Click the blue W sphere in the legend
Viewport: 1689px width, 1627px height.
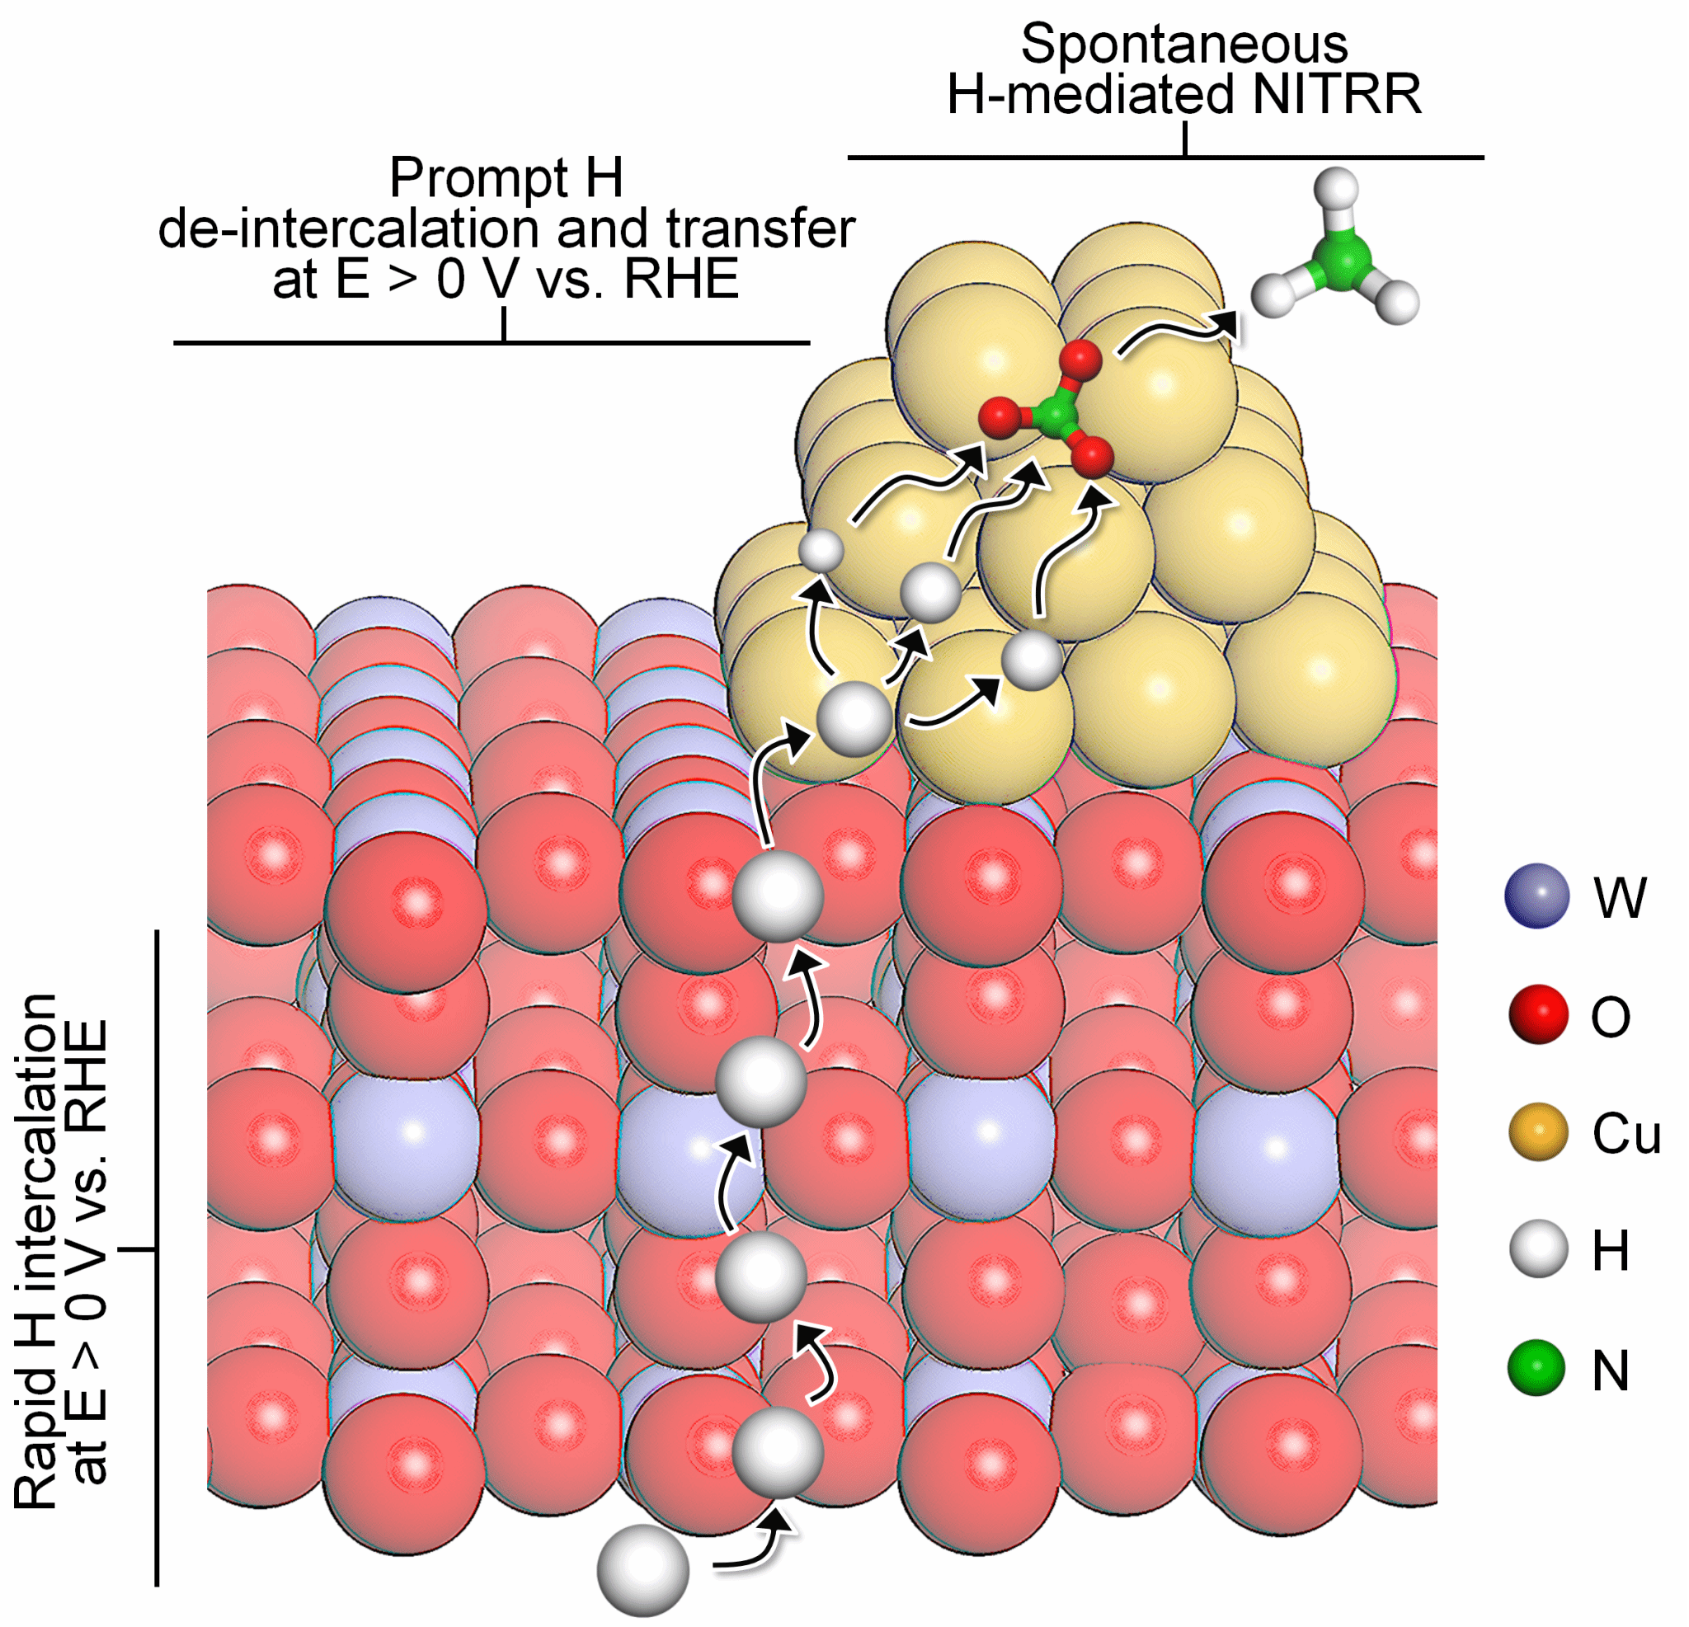[1537, 896]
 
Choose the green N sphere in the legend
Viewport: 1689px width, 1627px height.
[1536, 1368]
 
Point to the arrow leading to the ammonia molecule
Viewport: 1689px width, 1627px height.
[1176, 332]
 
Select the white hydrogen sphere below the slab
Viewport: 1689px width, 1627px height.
[642, 1570]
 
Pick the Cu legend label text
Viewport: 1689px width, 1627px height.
[1626, 1134]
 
